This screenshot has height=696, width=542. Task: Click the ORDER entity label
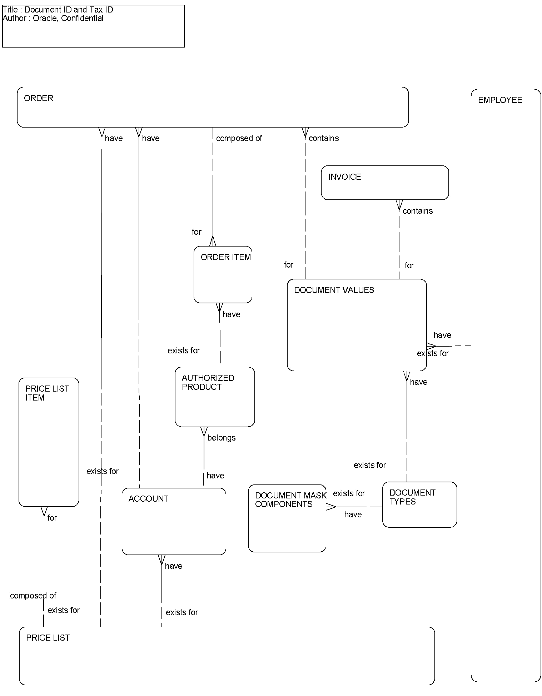(38, 98)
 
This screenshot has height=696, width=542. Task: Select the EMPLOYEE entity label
(499, 100)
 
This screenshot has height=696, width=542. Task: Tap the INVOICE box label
(344, 177)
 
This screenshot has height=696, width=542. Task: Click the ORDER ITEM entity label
(225, 257)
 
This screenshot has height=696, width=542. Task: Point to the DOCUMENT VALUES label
(334, 290)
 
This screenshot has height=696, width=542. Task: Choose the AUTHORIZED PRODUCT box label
(208, 382)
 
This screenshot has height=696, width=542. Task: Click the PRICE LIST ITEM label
(47, 393)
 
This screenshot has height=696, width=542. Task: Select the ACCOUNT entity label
(148, 499)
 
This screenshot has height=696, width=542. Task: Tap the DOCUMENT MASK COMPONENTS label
(290, 500)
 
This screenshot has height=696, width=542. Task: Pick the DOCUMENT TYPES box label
(412, 497)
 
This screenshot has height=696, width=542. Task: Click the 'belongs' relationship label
(221, 438)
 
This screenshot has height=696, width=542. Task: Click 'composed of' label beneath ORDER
(239, 138)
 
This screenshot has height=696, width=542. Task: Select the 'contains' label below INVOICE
(417, 211)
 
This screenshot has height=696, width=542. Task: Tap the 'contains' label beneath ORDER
(323, 138)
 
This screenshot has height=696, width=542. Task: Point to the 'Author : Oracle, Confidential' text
(53, 19)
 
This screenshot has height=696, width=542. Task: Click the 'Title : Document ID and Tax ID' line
(58, 10)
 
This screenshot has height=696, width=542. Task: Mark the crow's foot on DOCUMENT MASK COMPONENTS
(331, 507)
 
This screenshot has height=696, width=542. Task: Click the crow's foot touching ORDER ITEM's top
(213, 242)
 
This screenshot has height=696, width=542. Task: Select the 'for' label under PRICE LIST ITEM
(52, 518)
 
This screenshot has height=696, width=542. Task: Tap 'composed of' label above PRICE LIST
(33, 596)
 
